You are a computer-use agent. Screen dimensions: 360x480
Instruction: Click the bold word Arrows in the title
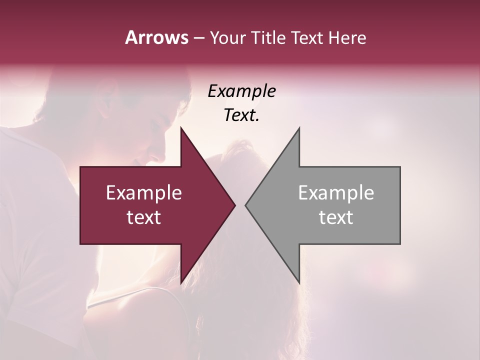pyautogui.click(x=156, y=37)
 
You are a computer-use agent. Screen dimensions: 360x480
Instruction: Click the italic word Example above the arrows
pyautogui.click(x=241, y=91)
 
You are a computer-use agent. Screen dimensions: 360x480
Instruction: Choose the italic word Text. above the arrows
pyautogui.click(x=241, y=115)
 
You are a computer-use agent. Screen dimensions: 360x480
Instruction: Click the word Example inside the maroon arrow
pyautogui.click(x=144, y=193)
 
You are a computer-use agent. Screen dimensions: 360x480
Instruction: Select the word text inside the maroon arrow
pyautogui.click(x=144, y=217)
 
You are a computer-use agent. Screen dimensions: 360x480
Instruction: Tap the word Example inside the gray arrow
pyautogui.click(x=336, y=193)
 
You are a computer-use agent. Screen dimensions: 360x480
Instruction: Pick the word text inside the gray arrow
pyautogui.click(x=336, y=217)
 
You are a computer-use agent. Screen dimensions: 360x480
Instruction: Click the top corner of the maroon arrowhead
pyautogui.click(x=181, y=128)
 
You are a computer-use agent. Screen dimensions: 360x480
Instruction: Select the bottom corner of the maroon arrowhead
pyautogui.click(x=181, y=282)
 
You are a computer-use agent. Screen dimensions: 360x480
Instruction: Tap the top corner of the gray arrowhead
pyautogui.click(x=299, y=128)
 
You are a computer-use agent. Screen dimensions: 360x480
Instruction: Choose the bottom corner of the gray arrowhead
pyautogui.click(x=299, y=282)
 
